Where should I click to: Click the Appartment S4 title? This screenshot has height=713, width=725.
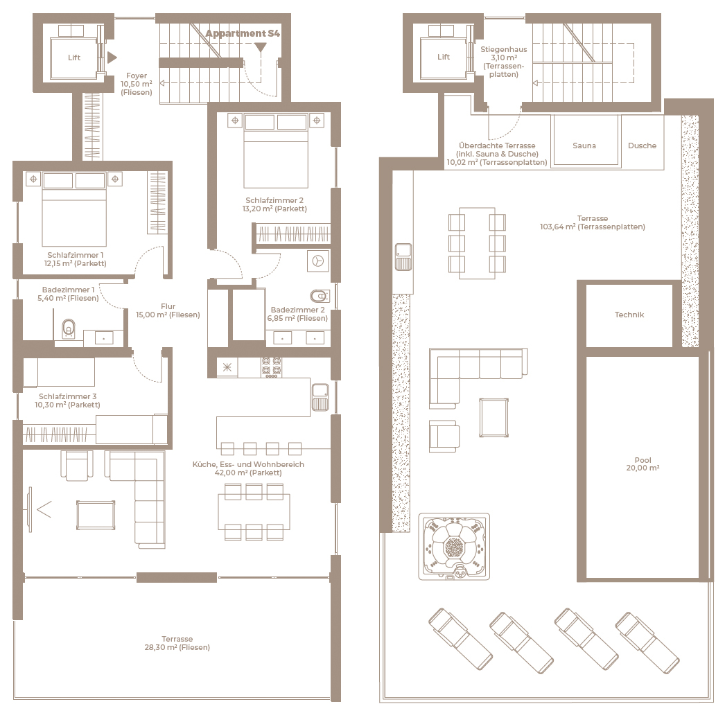(x=243, y=33)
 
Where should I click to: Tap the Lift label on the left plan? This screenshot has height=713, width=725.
(x=74, y=58)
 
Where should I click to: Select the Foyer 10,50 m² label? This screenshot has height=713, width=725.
(x=137, y=84)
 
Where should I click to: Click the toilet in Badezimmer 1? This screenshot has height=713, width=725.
(x=69, y=328)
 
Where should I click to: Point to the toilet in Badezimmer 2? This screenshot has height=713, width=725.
(x=320, y=296)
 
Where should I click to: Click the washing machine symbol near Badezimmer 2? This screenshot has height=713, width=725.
(x=318, y=261)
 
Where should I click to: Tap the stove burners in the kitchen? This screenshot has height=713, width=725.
(x=272, y=367)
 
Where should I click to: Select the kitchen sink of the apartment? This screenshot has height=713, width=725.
(x=320, y=397)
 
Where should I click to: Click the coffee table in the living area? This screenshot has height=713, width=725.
(x=96, y=515)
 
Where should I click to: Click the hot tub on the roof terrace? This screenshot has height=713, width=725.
(x=454, y=546)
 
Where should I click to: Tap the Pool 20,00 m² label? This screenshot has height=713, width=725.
(x=643, y=464)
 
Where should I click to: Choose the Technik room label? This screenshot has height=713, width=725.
(x=629, y=315)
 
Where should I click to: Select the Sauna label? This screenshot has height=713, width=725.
(x=584, y=146)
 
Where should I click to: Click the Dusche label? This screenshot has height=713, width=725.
(x=642, y=146)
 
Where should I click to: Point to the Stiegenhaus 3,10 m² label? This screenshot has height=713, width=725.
(x=503, y=62)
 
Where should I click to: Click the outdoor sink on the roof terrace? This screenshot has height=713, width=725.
(x=403, y=257)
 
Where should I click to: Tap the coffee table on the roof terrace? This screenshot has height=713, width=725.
(x=493, y=418)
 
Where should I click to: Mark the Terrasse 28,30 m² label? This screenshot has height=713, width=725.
(x=177, y=643)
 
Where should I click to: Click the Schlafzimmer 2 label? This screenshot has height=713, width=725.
(x=274, y=204)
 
